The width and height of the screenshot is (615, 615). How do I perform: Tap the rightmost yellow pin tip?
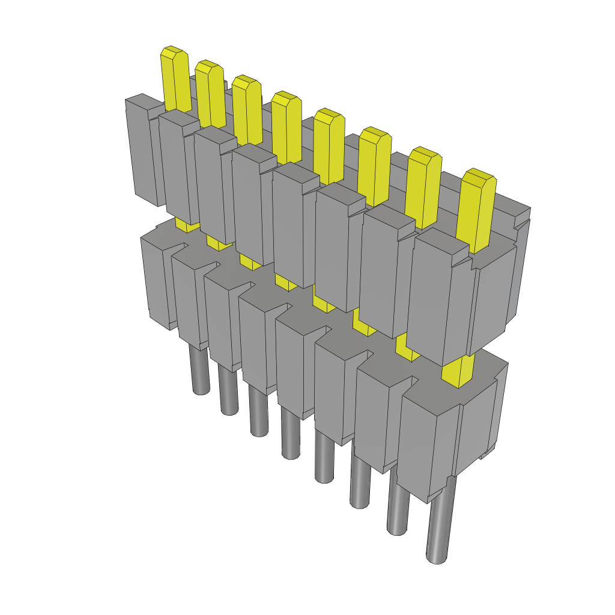pos(477,210)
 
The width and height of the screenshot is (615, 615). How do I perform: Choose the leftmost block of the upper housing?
pos(143,150)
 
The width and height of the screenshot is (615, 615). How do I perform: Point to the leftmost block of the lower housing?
pos(157,279)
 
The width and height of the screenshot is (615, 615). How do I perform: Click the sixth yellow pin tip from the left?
pos(375,165)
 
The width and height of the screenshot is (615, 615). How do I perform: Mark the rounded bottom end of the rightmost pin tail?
pos(437,558)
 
